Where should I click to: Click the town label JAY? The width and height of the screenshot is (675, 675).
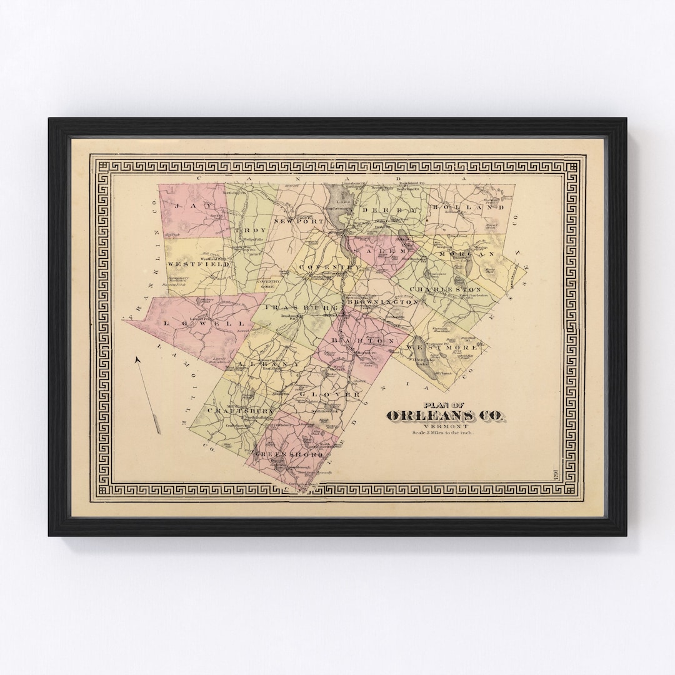(x=186, y=206)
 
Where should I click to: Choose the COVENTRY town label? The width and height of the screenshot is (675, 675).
(x=330, y=267)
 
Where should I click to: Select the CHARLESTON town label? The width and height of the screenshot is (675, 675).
(x=446, y=290)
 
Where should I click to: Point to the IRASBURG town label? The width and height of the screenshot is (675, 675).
(x=302, y=308)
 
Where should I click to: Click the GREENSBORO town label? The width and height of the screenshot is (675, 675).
(x=292, y=456)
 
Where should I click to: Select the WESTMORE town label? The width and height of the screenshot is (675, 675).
(x=443, y=346)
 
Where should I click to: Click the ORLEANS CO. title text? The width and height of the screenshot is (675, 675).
(x=447, y=416)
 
